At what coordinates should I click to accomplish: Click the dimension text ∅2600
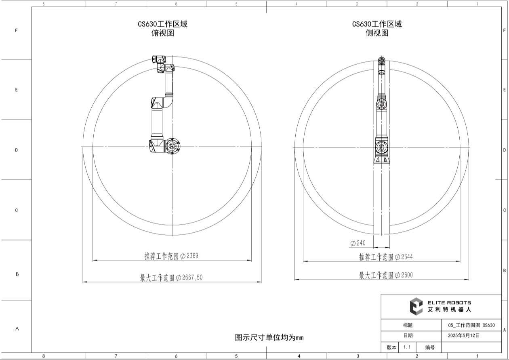pyautogui.click(x=404, y=275)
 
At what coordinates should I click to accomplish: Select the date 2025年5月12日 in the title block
pyautogui.click(x=463, y=335)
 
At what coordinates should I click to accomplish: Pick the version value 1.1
pyautogui.click(x=407, y=347)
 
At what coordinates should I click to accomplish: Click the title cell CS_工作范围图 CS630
pyautogui.click(x=471, y=325)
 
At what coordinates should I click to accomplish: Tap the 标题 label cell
pyautogui.click(x=408, y=325)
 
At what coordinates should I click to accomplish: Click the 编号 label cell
pyautogui.click(x=430, y=347)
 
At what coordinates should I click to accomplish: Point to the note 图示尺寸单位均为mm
pyautogui.click(x=269, y=337)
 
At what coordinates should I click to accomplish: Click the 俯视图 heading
pyautogui.click(x=162, y=33)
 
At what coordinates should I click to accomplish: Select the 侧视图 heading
pyautogui.click(x=377, y=33)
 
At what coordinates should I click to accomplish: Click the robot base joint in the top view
pyautogui.click(x=172, y=146)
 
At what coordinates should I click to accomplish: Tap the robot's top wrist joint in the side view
pyautogui.click(x=381, y=61)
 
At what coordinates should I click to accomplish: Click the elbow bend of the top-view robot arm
pyautogui.click(x=167, y=101)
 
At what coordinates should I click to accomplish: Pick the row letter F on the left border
pyautogui.click(x=17, y=30)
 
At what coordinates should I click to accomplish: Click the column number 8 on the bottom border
pyautogui.click(x=44, y=356)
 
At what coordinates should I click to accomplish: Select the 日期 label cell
pyautogui.click(x=408, y=335)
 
